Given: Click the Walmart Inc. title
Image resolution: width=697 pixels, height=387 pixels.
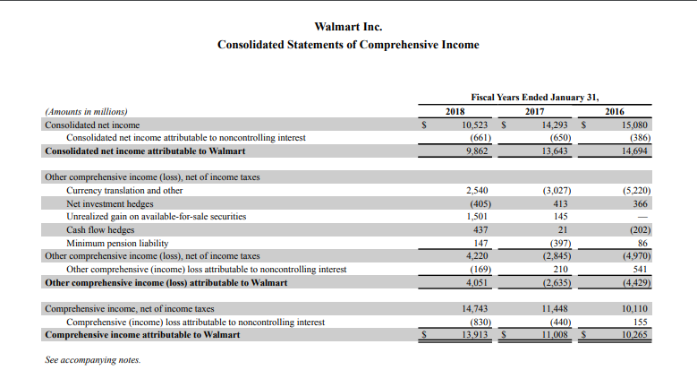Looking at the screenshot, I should pos(348,27).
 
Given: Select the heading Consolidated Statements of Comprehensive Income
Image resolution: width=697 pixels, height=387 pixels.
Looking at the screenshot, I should pos(348,45).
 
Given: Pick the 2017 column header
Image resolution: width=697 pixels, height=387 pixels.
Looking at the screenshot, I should pos(535,111).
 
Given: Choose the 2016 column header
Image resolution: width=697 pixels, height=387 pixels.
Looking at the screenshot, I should pos(615,111).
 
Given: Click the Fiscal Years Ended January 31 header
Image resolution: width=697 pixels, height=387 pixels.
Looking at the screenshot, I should pos(535,97).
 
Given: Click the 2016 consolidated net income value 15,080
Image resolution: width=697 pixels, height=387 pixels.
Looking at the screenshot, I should pos(633,125).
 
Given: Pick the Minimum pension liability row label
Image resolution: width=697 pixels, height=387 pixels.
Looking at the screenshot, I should pos(117,243).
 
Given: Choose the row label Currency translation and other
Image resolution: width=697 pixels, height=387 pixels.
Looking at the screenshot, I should pos(124,190).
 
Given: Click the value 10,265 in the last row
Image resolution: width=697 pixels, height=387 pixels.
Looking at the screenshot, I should pos(633,335).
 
